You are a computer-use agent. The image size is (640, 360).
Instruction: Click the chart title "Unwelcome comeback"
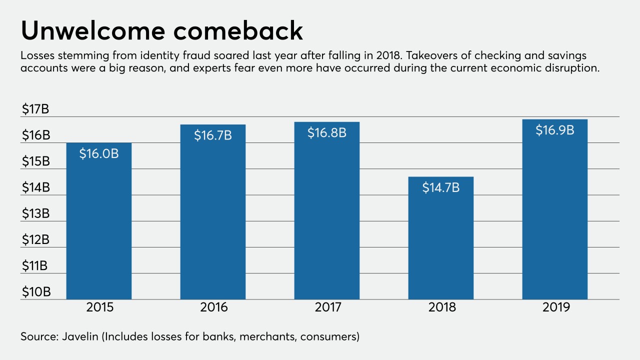coord(161,31)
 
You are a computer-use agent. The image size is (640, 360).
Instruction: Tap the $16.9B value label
coord(554,130)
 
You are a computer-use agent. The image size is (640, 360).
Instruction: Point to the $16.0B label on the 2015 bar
coord(99,153)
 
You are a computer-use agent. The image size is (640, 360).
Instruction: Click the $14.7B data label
coord(441,187)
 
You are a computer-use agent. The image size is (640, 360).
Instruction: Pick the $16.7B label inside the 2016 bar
coord(213,135)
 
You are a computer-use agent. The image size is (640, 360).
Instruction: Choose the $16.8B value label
coord(327,132)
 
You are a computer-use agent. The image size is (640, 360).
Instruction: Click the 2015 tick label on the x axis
coord(99,307)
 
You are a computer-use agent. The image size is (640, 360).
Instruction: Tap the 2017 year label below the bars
coord(328,307)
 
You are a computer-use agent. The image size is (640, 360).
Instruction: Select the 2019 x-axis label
coord(556,307)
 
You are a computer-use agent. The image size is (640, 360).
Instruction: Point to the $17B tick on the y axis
coord(35,109)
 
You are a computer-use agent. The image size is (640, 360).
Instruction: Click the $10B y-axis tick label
coord(35,291)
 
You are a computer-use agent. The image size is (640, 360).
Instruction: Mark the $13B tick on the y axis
coord(35,213)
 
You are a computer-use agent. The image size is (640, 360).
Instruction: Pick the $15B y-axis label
coord(35,161)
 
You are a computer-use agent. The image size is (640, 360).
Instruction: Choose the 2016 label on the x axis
coord(214,307)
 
